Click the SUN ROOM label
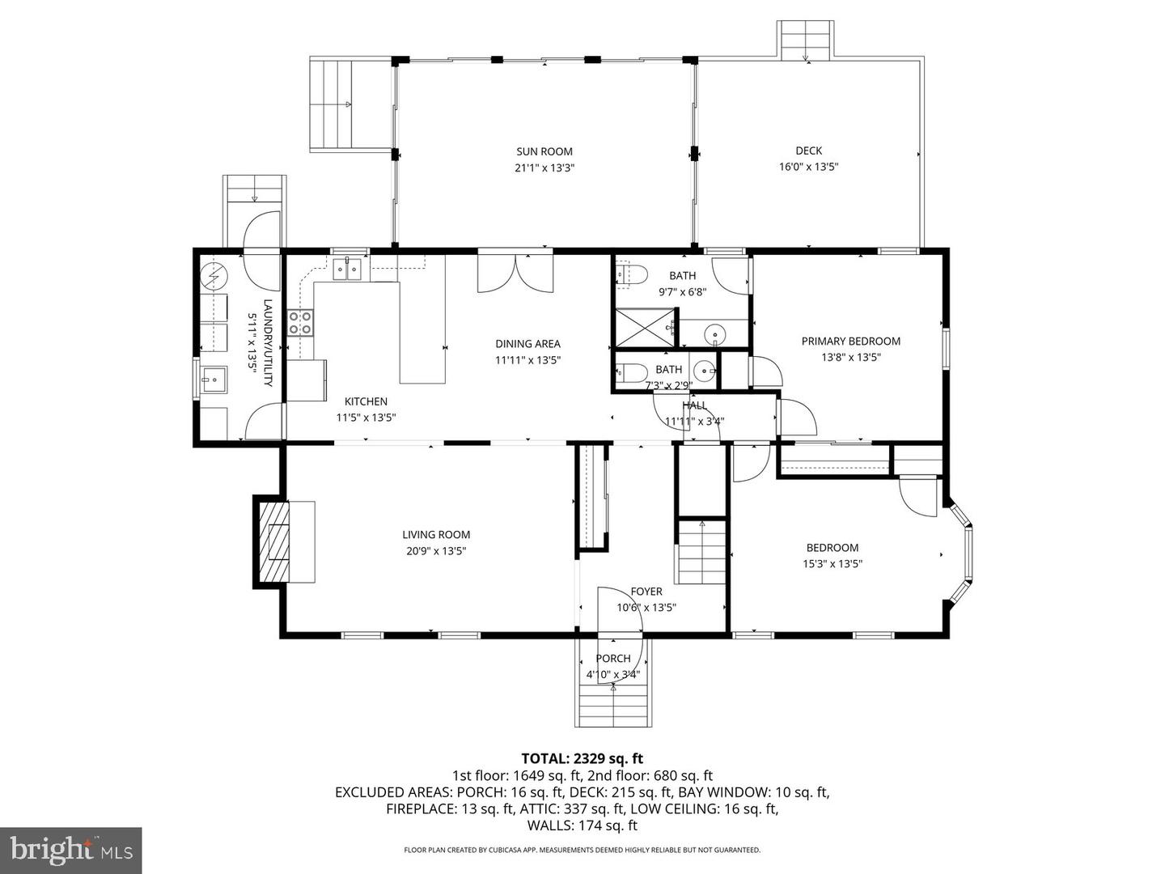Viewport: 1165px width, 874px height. [544, 151]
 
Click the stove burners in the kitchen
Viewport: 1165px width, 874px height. [301, 323]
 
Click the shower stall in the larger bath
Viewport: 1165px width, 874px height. [645, 327]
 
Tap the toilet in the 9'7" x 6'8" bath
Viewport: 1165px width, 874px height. [632, 275]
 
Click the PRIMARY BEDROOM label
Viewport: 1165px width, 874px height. [850, 342]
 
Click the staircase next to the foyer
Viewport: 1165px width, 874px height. [701, 552]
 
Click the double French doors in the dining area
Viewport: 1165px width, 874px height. [515, 272]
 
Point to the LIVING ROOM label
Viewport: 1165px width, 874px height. [436, 535]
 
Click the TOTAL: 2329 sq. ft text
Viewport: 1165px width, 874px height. [582, 758]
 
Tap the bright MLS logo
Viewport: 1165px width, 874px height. [70, 850]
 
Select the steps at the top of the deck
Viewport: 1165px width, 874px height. [805, 39]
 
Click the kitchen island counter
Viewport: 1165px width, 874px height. [422, 332]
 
